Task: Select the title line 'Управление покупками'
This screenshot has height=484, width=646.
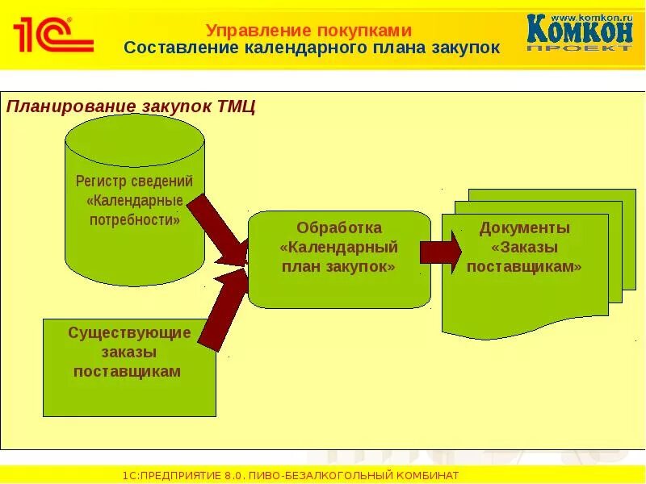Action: point(308,31)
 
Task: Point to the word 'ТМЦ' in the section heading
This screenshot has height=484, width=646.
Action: point(237,106)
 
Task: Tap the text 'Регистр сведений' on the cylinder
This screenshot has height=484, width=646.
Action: point(134,181)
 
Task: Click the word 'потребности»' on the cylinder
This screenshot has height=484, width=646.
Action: point(134,219)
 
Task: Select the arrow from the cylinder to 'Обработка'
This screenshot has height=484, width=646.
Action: point(219,230)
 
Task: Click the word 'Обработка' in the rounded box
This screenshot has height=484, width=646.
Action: point(338,228)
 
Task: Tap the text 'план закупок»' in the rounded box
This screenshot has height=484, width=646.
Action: point(338,267)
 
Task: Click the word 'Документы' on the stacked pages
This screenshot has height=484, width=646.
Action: point(524,228)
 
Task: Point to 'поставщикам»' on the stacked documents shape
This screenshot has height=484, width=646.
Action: point(524,267)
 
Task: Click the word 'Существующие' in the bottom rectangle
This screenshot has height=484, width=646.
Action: point(129,332)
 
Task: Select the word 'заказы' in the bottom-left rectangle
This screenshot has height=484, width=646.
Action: point(129,353)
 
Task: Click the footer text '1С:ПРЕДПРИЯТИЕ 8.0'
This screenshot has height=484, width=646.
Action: point(183,475)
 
